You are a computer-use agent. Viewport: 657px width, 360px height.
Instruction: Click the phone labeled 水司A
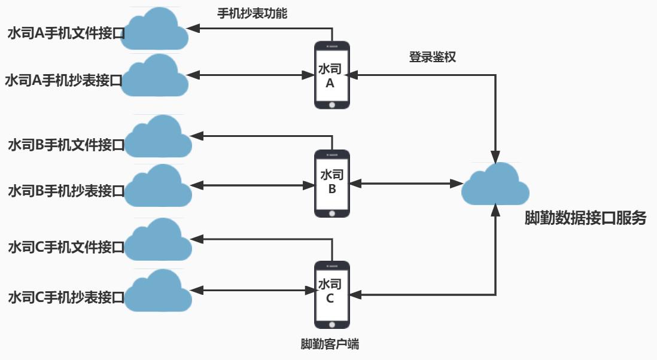tap(332, 75)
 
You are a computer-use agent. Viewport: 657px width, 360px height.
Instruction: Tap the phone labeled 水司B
tap(332, 184)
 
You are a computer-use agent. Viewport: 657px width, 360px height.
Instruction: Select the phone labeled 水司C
tap(332, 295)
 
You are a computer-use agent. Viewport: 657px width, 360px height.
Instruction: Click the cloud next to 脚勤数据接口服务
tap(495, 185)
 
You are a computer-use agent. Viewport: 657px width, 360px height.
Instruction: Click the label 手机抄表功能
tap(251, 13)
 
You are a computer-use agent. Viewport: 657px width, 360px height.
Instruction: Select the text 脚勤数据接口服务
tap(585, 218)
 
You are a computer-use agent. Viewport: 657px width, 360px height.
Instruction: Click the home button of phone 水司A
tap(332, 104)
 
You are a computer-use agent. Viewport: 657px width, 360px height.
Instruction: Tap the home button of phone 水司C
tap(332, 324)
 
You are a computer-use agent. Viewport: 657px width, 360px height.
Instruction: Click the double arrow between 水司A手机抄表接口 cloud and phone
tap(251, 75)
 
